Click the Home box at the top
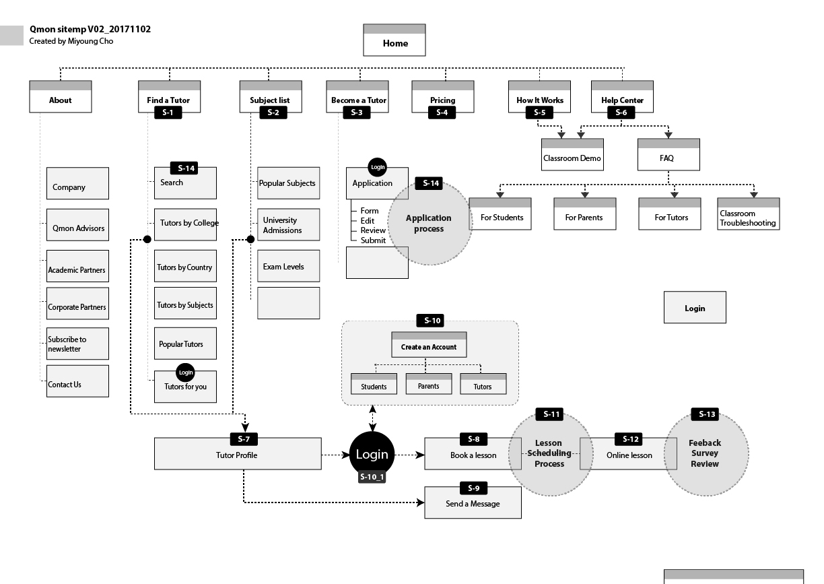pyautogui.click(x=394, y=43)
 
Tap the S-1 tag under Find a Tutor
pyautogui.click(x=168, y=112)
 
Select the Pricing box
pyautogui.click(x=442, y=100)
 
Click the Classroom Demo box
pyautogui.click(x=572, y=158)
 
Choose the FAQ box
pyautogui.click(x=668, y=158)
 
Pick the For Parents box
pyautogui.click(x=584, y=217)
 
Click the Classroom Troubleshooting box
pyautogui.click(x=748, y=218)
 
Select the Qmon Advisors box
pyautogui.click(x=78, y=228)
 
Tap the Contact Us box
pyautogui.click(x=77, y=384)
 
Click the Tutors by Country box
pyautogui.click(x=185, y=267)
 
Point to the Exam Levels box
pyautogui.click(x=288, y=267)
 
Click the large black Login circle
pyautogui.click(x=372, y=454)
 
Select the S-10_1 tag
pyautogui.click(x=372, y=478)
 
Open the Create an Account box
pyautogui.click(x=429, y=347)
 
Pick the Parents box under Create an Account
pyautogui.click(x=428, y=386)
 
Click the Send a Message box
pyautogui.click(x=473, y=504)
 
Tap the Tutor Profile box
pyautogui.click(x=237, y=455)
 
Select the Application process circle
pyautogui.click(x=429, y=223)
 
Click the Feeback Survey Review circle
pyautogui.click(x=706, y=453)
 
